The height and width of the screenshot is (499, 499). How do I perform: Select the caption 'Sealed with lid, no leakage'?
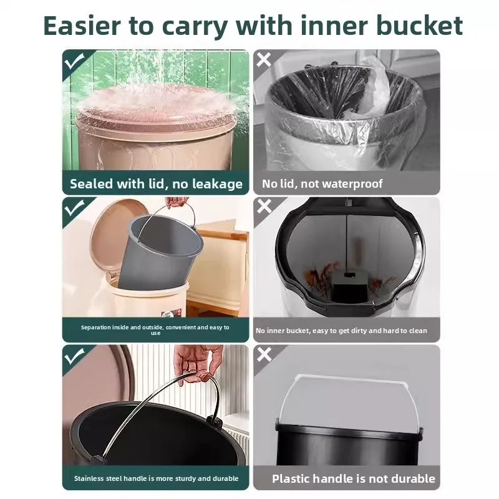[156, 184]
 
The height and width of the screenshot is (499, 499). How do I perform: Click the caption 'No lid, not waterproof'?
[322, 184]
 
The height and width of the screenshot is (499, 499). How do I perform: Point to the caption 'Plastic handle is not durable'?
[354, 478]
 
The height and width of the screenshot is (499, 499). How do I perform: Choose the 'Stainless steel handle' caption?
[156, 478]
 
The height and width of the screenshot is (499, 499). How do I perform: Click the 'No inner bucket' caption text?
[341, 331]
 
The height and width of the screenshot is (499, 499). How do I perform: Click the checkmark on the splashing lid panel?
[74, 61]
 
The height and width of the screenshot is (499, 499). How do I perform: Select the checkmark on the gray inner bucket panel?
[74, 208]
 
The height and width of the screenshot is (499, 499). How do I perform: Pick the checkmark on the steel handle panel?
[74, 356]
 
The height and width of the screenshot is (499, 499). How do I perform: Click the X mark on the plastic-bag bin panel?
[264, 61]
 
